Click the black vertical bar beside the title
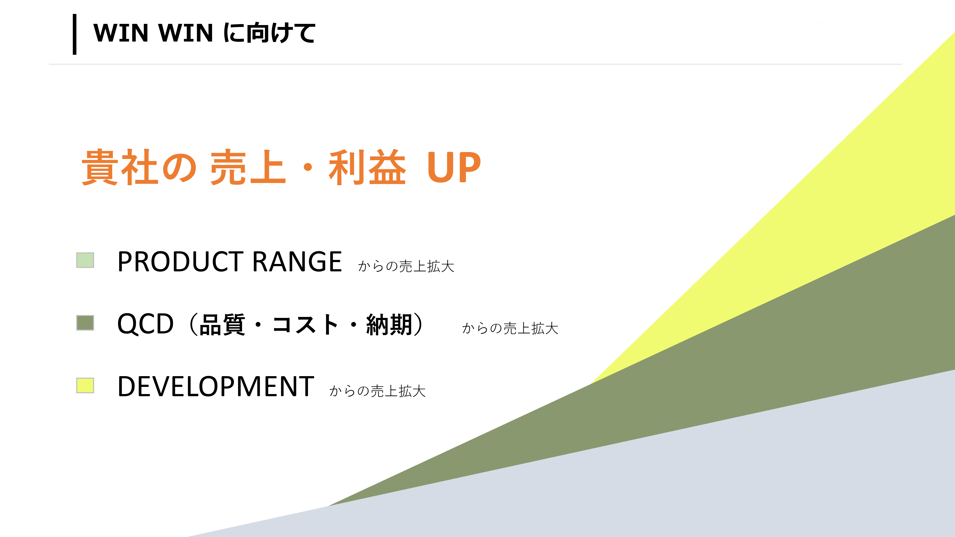coord(74,34)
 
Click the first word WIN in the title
coord(121,33)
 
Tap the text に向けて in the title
coord(270,33)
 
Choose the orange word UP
coord(454,168)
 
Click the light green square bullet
coord(85,260)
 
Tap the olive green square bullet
coord(85,322)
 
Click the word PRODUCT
coord(180,262)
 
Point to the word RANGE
coord(297,262)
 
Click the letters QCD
coord(145,324)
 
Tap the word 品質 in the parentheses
coord(222,325)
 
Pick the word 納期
coord(389,325)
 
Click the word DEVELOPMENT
coord(216,387)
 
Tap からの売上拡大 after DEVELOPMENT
coord(377,391)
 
